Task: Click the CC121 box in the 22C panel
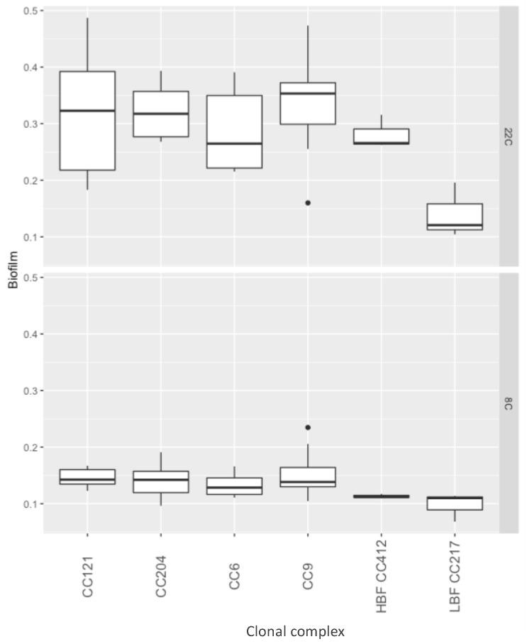87,121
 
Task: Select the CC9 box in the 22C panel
308,103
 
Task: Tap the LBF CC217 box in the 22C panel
455,217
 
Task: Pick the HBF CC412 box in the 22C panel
382,136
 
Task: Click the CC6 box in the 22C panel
235,131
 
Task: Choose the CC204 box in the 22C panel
161,114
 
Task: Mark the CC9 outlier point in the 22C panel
308,203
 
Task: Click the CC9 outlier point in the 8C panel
308,427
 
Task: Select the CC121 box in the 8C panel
87,476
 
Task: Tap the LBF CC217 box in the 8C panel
455,503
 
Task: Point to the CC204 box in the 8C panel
161,481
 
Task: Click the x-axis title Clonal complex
295,631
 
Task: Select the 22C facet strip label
509,136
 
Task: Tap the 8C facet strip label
509,403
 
